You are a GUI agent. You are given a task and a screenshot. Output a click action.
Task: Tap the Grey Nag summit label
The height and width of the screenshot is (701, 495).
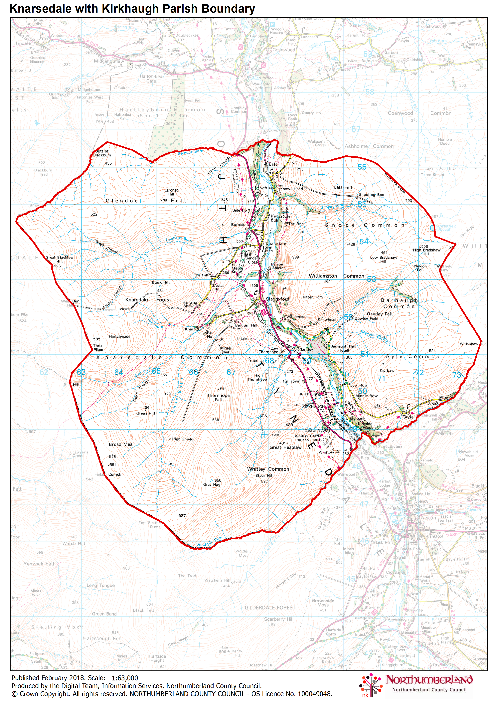(212, 484)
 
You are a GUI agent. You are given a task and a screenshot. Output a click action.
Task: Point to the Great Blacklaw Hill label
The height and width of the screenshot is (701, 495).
(60, 259)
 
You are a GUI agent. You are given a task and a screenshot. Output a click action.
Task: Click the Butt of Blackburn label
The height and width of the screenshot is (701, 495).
(102, 153)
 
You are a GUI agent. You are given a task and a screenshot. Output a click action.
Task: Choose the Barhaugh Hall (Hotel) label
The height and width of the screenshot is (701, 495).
(343, 348)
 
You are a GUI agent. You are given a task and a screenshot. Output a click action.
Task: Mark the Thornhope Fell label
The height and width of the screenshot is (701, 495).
(218, 397)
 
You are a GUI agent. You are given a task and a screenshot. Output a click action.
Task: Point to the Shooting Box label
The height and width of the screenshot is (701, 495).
(371, 195)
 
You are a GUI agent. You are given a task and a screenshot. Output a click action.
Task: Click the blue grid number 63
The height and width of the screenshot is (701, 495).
(81, 372)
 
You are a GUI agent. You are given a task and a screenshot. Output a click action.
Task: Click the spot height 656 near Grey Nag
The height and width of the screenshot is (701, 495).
(218, 480)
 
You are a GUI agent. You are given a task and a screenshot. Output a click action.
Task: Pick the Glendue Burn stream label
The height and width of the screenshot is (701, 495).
(191, 152)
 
